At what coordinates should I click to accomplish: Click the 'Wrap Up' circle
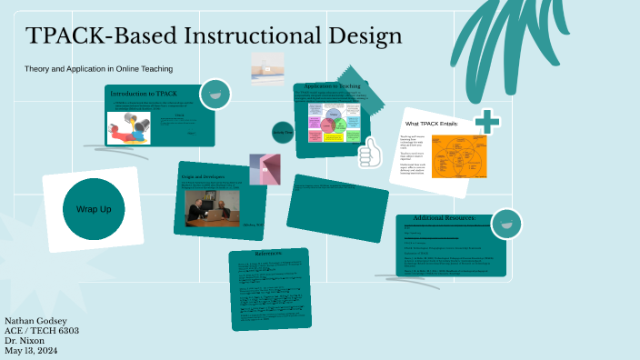click(x=94, y=209)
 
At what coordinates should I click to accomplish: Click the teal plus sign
click(x=487, y=121)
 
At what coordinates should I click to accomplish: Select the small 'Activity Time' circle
click(x=283, y=133)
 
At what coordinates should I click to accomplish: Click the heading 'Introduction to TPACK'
click(x=144, y=95)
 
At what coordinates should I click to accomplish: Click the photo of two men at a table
click(x=211, y=209)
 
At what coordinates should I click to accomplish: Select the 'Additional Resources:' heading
click(x=450, y=218)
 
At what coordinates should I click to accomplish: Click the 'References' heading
click(x=270, y=254)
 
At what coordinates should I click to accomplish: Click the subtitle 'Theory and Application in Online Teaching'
click(x=98, y=69)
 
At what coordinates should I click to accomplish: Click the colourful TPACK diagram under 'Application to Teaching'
click(x=335, y=122)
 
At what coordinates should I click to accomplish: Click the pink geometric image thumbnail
click(x=265, y=168)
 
